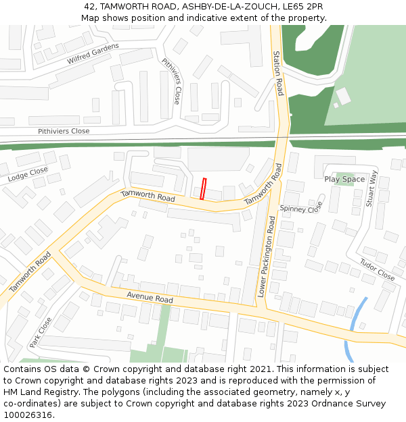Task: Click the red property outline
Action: (203, 188)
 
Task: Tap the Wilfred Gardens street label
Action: (93, 54)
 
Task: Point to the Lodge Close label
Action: (28, 175)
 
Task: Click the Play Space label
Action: (344, 179)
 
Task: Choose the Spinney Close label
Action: (301, 209)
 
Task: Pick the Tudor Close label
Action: (377, 270)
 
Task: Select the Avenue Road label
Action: (150, 298)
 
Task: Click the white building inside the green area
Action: (343, 96)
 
